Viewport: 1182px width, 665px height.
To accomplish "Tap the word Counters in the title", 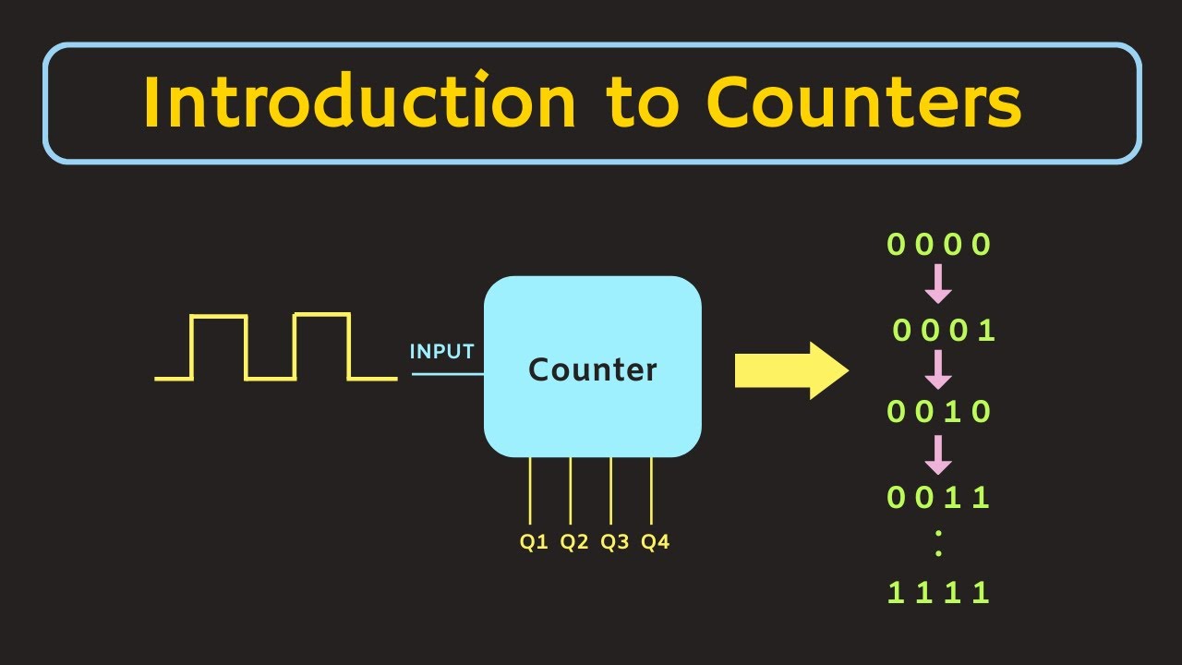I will [863, 103].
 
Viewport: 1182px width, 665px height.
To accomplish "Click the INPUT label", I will [441, 352].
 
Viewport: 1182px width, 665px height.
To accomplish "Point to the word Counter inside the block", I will [592, 369].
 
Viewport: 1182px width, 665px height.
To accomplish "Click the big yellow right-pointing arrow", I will [790, 370].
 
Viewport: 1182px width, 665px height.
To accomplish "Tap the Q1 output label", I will [534, 542].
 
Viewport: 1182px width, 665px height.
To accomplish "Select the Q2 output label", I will [573, 542].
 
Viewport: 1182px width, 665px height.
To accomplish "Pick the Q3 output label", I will [614, 542].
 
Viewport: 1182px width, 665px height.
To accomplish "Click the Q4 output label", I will [655, 542].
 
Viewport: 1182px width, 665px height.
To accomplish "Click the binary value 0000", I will [938, 245].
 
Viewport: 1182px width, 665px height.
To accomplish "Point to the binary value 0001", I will [943, 331].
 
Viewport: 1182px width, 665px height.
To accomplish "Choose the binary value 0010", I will [938, 411].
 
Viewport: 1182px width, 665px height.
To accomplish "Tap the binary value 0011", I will [938, 498].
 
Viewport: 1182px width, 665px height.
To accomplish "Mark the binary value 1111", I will [938, 592].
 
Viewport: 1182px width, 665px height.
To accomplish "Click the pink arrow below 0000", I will [938, 284].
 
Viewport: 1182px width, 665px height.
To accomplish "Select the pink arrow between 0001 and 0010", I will [938, 369].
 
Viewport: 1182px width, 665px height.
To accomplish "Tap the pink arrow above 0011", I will [938, 454].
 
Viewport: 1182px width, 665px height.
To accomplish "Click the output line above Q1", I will [530, 490].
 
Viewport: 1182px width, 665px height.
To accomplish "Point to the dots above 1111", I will [938, 544].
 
